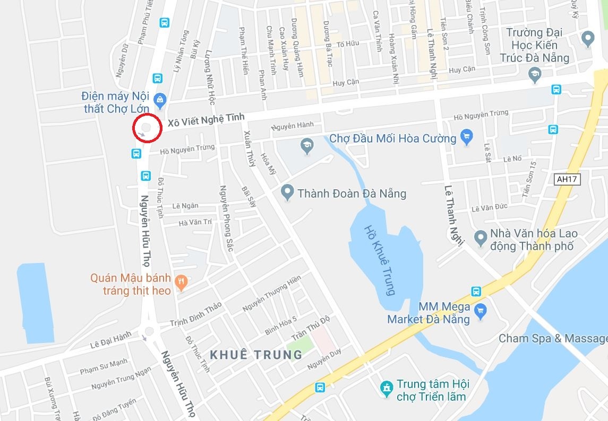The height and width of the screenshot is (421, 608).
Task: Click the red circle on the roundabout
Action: (147, 127)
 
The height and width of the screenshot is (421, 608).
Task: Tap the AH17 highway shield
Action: (567, 179)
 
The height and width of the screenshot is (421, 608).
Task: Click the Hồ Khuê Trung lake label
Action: (381, 260)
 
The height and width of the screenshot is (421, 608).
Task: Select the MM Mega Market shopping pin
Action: (481, 310)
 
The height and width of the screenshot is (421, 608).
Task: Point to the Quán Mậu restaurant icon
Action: (182, 282)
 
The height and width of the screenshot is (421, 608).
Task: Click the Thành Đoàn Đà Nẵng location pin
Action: (287, 192)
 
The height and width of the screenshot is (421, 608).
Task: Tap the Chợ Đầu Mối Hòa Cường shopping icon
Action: (466, 137)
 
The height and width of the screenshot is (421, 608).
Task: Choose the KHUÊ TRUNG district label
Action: (256, 355)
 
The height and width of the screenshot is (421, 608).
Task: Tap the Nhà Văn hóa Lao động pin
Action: (481, 238)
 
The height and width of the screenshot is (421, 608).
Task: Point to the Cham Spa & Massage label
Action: (552, 338)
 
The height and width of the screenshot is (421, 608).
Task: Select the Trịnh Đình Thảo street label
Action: (195, 314)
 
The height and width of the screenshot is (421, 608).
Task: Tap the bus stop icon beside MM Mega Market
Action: (476, 291)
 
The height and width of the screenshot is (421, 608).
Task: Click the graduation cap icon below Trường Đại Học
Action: (535, 75)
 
